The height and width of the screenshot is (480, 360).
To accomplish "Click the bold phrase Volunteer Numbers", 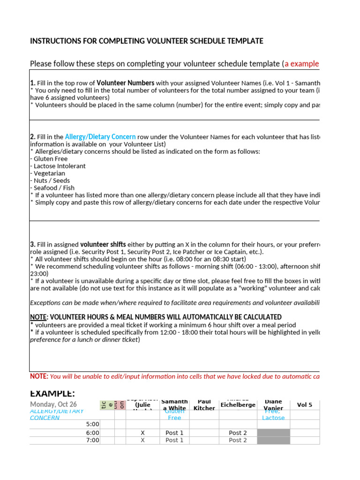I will [x=125, y=83].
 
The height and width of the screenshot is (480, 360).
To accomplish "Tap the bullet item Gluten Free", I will [x=49, y=159].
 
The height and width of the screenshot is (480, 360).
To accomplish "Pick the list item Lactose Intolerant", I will [x=58, y=166].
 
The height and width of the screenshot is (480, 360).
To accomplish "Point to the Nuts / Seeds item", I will [x=50, y=180].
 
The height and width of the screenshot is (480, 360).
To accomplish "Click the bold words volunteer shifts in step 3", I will [x=103, y=245].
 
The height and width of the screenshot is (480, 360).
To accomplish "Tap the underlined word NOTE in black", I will [x=38, y=317].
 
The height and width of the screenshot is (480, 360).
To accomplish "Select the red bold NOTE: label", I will [x=39, y=376].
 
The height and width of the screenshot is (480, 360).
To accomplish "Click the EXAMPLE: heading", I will [x=52, y=393].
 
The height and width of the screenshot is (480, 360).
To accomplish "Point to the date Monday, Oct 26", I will [x=53, y=405].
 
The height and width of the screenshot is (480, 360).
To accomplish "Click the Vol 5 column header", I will [x=304, y=405].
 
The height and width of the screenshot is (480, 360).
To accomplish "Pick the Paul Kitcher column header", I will [x=204, y=405].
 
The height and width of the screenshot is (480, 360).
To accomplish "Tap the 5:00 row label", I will [x=93, y=424].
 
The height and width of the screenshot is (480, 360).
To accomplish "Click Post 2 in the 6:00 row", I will [x=238, y=433].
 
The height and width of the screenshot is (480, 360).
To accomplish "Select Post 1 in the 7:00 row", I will [x=174, y=441].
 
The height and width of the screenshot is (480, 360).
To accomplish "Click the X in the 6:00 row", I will [x=143, y=433].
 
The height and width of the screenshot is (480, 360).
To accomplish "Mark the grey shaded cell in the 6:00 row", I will [x=273, y=433].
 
